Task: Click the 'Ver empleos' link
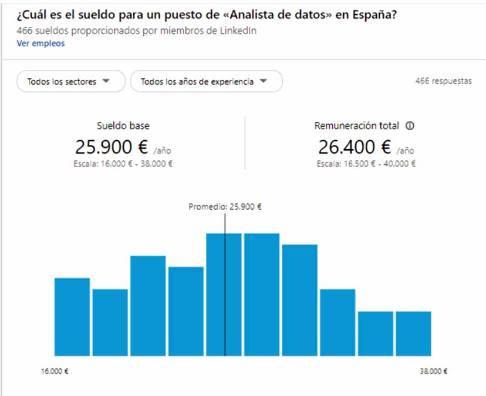tap(41, 43)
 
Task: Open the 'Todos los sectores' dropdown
tap(70, 82)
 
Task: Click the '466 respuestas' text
tap(443, 81)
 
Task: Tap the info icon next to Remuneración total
tap(410, 126)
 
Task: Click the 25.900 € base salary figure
tap(112, 146)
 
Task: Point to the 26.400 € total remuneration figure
tap(355, 146)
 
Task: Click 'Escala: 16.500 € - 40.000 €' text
tap(366, 164)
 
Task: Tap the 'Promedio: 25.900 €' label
tap(225, 207)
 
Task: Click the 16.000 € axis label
tap(54, 372)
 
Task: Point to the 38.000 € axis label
tap(433, 372)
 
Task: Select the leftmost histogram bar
tap(72, 317)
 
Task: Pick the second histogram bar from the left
tap(110, 322)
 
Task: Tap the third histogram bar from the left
tap(148, 306)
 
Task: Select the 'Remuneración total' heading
tap(356, 126)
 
